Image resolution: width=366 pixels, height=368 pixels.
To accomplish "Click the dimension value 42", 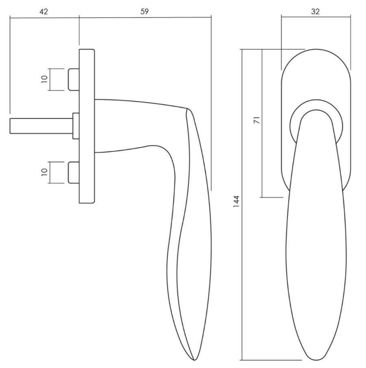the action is point(44,11).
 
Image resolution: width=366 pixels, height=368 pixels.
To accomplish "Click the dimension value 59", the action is point(144,11).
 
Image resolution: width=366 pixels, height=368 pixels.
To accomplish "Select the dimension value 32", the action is point(315,11).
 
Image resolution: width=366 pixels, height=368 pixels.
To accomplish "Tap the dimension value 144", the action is point(236,202).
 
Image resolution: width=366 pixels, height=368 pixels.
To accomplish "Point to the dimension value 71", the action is point(257,120).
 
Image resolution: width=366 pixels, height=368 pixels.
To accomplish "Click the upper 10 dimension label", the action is point(44,79).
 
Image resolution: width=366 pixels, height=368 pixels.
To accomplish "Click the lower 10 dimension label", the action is point(44,172).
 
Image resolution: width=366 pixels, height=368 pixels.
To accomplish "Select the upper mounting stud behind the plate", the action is point(74,79).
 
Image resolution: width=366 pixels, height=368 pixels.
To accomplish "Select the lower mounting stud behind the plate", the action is point(74,173).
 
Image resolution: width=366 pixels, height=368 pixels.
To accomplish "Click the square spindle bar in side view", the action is point(41,126).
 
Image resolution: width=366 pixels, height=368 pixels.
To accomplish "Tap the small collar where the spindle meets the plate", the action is point(76,126).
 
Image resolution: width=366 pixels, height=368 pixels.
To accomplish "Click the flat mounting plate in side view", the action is point(87,126).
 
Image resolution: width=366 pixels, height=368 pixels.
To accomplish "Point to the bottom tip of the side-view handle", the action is point(194,360).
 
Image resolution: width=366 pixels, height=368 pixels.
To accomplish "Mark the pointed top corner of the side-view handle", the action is point(187,108).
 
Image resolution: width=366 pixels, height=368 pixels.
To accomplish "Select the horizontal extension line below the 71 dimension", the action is point(272,197).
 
